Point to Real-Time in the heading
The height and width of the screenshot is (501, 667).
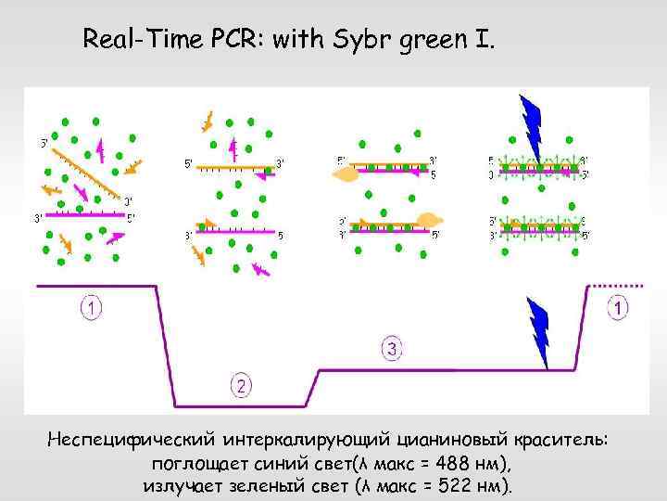click(x=139, y=40)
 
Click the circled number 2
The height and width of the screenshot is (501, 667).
click(x=241, y=385)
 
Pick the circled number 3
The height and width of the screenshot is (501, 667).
click(x=393, y=349)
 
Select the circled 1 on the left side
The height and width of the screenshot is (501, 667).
click(x=91, y=307)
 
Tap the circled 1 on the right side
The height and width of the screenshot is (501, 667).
click(x=618, y=307)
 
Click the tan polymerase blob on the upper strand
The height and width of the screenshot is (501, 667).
click(x=347, y=173)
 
